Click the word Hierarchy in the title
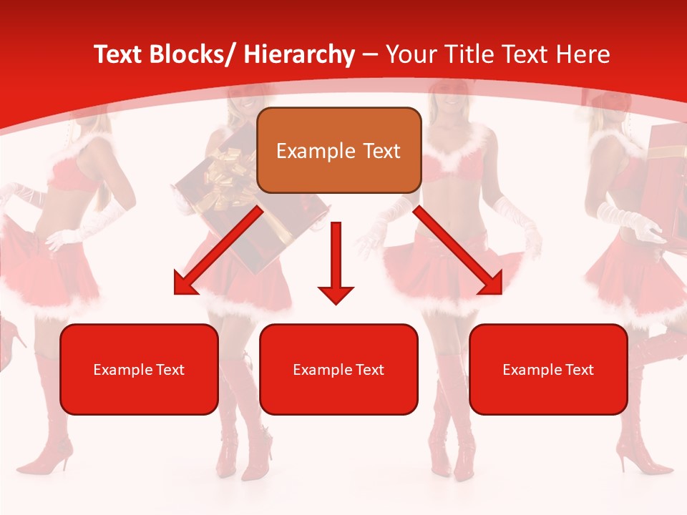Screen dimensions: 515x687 pyautogui.click(x=299, y=55)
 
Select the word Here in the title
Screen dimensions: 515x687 pyautogui.click(x=583, y=55)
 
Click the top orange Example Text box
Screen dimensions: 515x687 pyautogui.click(x=338, y=151)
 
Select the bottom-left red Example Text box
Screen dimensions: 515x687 pyautogui.click(x=139, y=369)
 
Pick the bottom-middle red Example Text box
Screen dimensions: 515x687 pyautogui.click(x=338, y=369)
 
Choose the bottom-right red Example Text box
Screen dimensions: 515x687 pyautogui.click(x=548, y=369)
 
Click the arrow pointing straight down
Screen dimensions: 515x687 pyautogui.click(x=336, y=264)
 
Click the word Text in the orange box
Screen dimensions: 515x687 pyautogui.click(x=381, y=151)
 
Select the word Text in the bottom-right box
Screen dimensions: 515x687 pyautogui.click(x=579, y=370)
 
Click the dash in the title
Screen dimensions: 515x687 pyautogui.click(x=370, y=56)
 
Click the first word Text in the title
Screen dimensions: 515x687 pyautogui.click(x=117, y=55)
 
